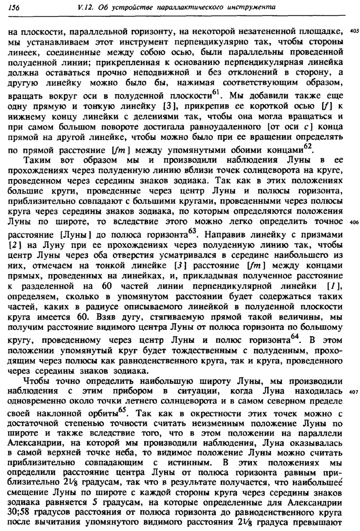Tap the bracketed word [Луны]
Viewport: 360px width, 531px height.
67,236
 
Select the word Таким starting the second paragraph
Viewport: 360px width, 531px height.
36,158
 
